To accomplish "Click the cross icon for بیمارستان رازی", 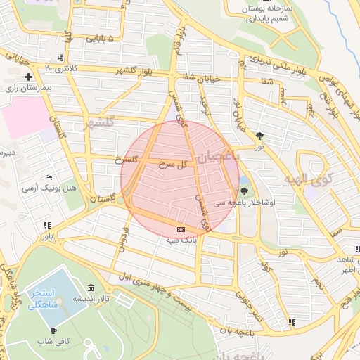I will [x=28, y=77].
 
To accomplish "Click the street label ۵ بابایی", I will [x=99, y=39].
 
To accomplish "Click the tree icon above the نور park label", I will [x=260, y=136].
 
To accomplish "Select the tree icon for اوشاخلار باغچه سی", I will [x=244, y=191].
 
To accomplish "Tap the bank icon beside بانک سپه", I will [x=181, y=229].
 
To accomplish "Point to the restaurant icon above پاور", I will [x=47, y=226].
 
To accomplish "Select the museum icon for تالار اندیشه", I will [x=91, y=288].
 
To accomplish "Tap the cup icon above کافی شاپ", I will [x=54, y=330].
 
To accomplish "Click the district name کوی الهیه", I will [x=307, y=181].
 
